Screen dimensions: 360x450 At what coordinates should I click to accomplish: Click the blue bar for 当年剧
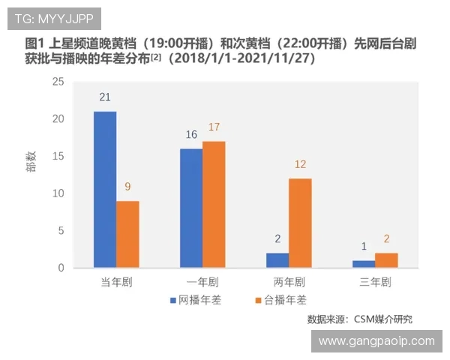pyautogui.click(x=105, y=190)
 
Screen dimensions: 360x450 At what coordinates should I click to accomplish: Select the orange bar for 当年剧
pyautogui.click(x=127, y=234)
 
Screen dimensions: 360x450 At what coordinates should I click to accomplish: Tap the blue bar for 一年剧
pyautogui.click(x=191, y=208)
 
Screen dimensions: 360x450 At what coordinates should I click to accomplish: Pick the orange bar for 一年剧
pyautogui.click(x=214, y=205)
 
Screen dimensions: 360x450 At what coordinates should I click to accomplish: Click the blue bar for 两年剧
pyautogui.click(x=277, y=260)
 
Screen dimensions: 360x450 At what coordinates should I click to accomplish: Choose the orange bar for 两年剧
pyautogui.click(x=300, y=223)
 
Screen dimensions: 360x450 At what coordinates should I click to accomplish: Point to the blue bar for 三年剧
pyautogui.click(x=364, y=264)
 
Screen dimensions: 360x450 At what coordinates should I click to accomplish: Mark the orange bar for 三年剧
pyautogui.click(x=386, y=260)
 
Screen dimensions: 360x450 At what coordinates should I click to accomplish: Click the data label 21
pyautogui.click(x=105, y=97)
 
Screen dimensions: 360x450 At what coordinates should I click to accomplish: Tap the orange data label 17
pyautogui.click(x=214, y=127)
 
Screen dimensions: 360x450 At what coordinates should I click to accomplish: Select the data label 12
pyautogui.click(x=300, y=164)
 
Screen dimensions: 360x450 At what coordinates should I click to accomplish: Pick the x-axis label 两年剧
pyautogui.click(x=289, y=283)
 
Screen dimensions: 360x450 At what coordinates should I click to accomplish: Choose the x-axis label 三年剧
pyautogui.click(x=375, y=283)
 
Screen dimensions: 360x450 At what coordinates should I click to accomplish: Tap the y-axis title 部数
pyautogui.click(x=31, y=174)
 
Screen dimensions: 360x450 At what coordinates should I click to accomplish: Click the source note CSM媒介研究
pyautogui.click(x=360, y=319)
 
